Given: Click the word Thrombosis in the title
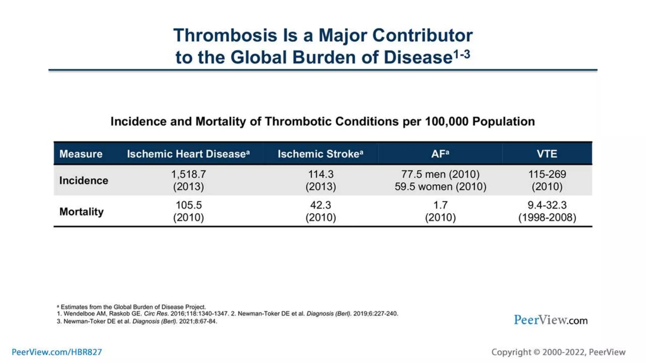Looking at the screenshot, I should pos(225,35).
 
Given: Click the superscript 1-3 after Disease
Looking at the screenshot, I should pos(462,55).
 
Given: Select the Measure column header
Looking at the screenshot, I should pos(81,154).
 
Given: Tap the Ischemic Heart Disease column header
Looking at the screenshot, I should pos(188,154).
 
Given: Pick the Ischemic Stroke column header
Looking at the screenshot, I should pos(320,154).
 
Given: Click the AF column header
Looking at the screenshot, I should pos(440,154).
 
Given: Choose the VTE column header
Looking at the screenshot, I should pos(547,154).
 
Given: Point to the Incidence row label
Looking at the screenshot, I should pos(84,181).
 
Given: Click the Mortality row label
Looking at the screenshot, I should pos(81,211).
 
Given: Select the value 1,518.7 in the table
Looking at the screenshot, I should pos(188,174).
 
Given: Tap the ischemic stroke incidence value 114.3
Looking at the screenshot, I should pos(320,174).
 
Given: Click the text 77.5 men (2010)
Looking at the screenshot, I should pos(440,174).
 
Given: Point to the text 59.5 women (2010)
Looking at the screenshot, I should pos(440,187).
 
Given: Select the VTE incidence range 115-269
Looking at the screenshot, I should pos(547,174).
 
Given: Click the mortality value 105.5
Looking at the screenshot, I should pos(188,205).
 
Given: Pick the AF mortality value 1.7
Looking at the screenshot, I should pos(440,205).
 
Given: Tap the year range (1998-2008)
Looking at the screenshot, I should pos(547,217).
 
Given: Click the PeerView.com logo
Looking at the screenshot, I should pos(550,320).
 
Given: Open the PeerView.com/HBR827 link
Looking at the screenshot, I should pos(57,352).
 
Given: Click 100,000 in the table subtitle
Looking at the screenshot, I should pos(447,122).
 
